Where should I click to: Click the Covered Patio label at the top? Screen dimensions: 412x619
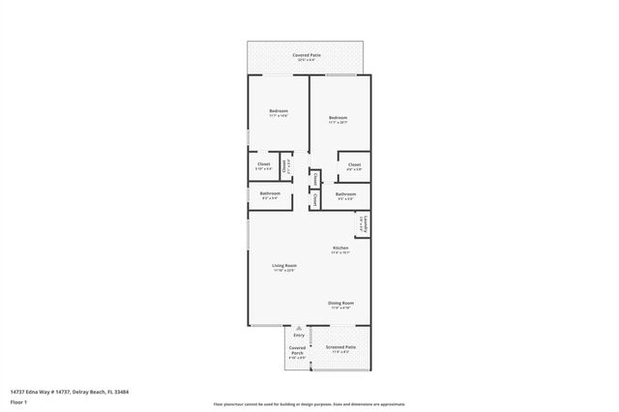(x=308, y=56)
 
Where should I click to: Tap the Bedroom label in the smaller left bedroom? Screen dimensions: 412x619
(x=279, y=111)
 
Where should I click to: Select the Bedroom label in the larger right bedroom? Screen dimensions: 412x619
(x=338, y=118)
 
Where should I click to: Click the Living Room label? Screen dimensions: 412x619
(x=283, y=265)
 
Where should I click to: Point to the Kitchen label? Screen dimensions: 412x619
(x=340, y=248)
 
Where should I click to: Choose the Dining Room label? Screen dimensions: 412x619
(x=340, y=303)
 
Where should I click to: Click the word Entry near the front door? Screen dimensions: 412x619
(x=298, y=335)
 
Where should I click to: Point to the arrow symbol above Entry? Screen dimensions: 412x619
(x=298, y=328)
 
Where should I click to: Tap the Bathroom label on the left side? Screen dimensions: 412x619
(x=270, y=193)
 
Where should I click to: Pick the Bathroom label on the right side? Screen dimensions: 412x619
(x=345, y=194)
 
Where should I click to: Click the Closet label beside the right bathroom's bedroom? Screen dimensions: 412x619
(x=354, y=164)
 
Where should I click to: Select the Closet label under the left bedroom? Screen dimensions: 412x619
(x=263, y=163)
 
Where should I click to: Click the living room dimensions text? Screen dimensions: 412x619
(x=283, y=271)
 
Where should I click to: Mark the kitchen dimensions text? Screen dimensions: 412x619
(x=340, y=253)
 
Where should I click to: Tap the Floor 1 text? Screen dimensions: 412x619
(x=18, y=402)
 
